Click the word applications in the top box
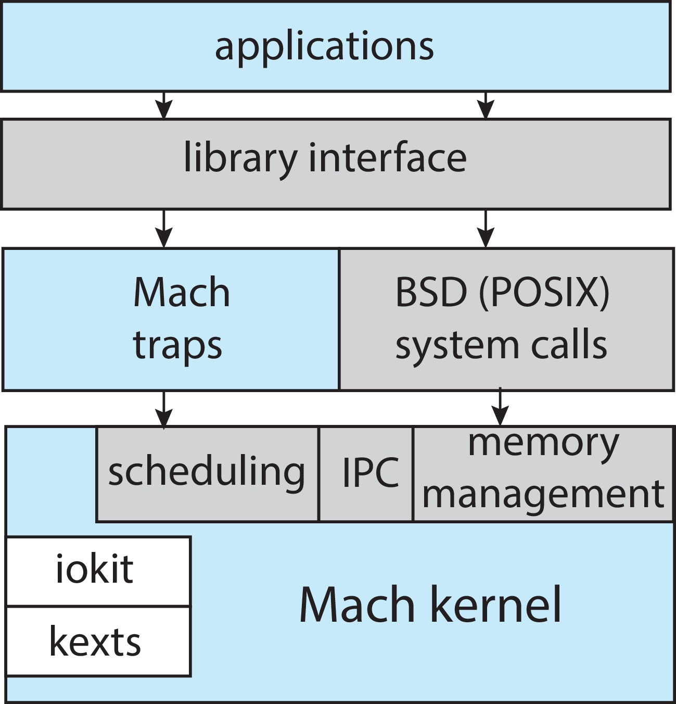pos(324,47)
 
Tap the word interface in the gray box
pos(388,158)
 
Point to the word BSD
pos(431,293)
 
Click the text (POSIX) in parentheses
pos(544,293)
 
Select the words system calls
pos(501,345)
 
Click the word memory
pos(543,444)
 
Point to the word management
pos(543,494)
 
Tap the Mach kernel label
pos(430,605)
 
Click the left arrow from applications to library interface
pos(164,106)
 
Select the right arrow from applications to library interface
pos(486,106)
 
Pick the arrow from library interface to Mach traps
pos(164,229)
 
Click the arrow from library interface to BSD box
pos(486,229)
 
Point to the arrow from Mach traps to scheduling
pos(164,410)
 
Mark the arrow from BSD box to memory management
pos(500,408)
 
